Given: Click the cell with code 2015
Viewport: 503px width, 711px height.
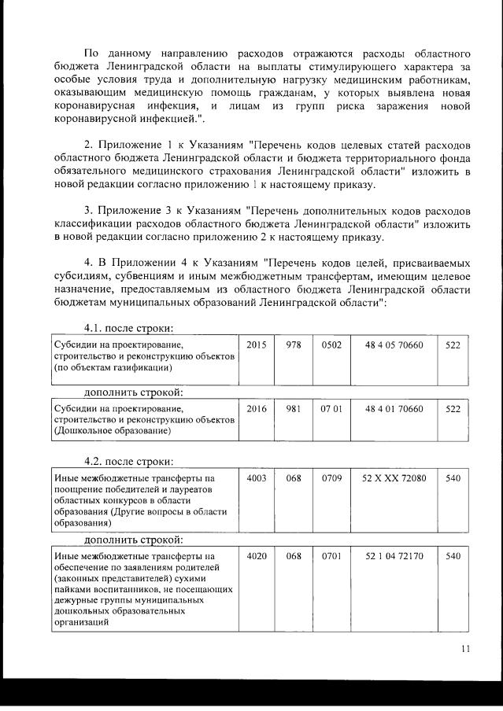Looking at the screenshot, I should point(257,344).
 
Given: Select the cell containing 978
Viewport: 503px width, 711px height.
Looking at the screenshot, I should point(294,344).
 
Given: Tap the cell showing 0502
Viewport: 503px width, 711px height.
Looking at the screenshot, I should point(331,344).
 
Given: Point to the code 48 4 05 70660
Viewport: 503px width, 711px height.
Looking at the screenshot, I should point(394,344).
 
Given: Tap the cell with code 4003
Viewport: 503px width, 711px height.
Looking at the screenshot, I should point(257,477).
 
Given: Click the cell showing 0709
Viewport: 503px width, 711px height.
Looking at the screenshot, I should point(331,477).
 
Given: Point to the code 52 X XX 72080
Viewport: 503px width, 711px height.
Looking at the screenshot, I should point(394,477).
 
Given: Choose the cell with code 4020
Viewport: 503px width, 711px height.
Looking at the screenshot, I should point(257,556).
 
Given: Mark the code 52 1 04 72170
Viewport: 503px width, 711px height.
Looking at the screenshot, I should point(394,556).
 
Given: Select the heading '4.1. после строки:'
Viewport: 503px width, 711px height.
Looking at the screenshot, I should point(128,328).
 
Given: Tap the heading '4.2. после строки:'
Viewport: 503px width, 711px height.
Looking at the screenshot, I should point(128,461).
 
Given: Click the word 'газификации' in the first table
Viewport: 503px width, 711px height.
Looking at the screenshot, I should point(139,367).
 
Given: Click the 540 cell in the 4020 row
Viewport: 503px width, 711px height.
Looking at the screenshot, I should point(453,556).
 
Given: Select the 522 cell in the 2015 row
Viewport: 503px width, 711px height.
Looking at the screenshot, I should point(453,344).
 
